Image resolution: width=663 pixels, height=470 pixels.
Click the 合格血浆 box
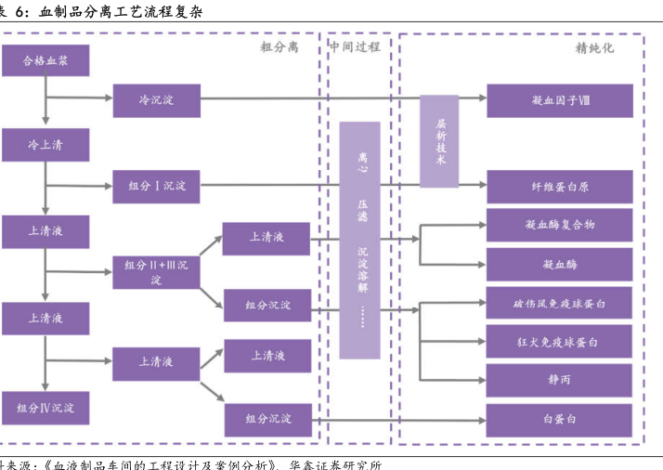pos(45,61)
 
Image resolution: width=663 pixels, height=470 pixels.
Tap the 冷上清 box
pos(45,145)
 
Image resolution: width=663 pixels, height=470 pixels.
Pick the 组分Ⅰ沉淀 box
pos(156,186)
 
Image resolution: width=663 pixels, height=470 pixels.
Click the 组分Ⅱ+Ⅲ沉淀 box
pos(156,271)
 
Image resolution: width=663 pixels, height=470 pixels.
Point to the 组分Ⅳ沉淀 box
pos(45,407)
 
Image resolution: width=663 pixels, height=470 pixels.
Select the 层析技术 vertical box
pos(439,141)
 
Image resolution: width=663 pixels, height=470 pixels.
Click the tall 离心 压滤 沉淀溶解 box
pos(359,240)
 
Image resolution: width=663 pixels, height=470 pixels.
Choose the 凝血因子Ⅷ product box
pos(559,100)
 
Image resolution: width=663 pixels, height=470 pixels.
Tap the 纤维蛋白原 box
pos(559,186)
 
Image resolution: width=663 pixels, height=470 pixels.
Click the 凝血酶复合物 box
pos(559,225)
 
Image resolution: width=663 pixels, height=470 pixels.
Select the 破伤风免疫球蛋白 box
pos(559,304)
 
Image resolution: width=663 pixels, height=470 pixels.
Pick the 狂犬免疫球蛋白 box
pos(559,342)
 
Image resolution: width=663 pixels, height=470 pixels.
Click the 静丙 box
pos(559,380)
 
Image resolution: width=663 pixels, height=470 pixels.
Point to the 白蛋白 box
pos(559,420)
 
